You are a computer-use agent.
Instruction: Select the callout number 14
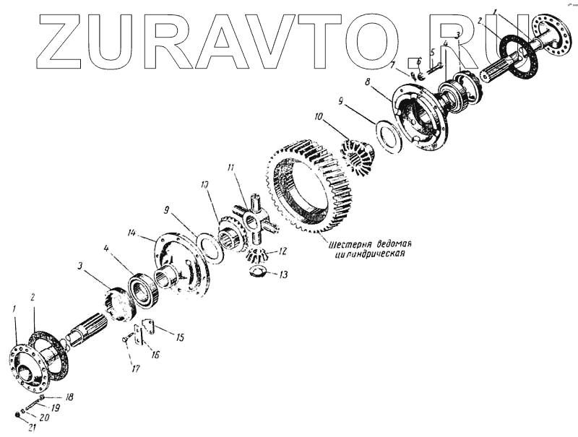pyautogui.click(x=132, y=233)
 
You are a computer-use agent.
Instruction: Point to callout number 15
pyautogui.click(x=179, y=337)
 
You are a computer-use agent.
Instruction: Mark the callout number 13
pyautogui.click(x=282, y=274)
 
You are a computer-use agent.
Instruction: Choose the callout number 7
pyautogui.click(x=393, y=66)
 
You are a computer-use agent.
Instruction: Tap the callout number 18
pyautogui.click(x=69, y=397)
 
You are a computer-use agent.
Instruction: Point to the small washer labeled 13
pyautogui.click(x=257, y=272)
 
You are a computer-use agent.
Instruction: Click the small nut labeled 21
pyautogui.click(x=17, y=414)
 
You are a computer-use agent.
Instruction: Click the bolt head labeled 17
pyautogui.click(x=126, y=337)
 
